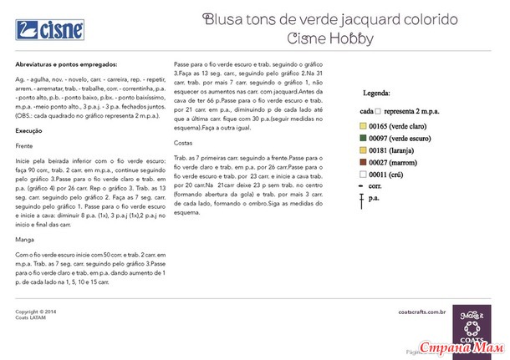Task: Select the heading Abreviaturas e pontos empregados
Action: click(x=66, y=64)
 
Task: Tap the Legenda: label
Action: click(x=377, y=95)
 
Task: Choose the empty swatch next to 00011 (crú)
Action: click(x=364, y=175)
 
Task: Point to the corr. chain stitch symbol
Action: click(x=363, y=186)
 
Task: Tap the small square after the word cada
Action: click(x=378, y=110)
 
